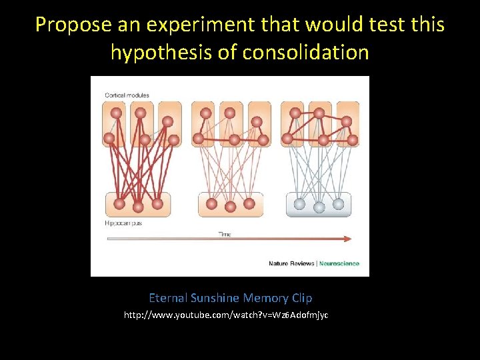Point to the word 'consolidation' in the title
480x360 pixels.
coord(304,52)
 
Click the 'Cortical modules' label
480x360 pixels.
coord(127,95)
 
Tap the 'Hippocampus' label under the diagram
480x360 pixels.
coord(123,223)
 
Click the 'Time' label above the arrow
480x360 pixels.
coord(225,233)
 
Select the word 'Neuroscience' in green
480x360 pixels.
coord(339,263)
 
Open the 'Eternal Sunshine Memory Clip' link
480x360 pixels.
coord(230,298)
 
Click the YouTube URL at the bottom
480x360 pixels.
coord(226,315)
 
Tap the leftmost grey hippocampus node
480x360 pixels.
coord(300,204)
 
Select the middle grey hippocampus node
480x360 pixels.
coord(319,207)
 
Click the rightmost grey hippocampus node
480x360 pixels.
coord(338,204)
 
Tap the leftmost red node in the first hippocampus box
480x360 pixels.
coord(119,204)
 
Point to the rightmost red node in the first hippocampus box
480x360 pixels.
coord(157,204)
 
